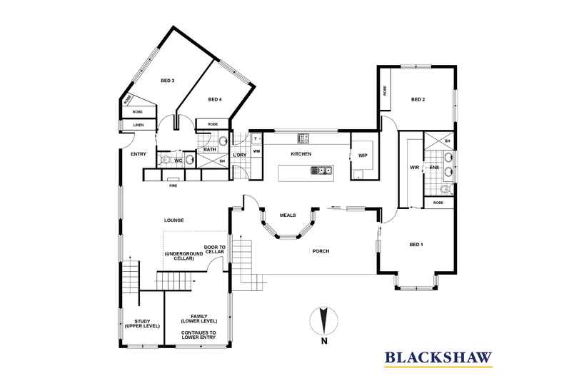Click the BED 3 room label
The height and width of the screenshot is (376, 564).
tap(168, 81)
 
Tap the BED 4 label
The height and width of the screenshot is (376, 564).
tap(216, 99)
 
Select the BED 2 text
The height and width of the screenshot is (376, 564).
tap(418, 99)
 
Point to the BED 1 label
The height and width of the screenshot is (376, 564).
tap(416, 245)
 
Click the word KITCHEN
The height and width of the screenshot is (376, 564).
tap(302, 154)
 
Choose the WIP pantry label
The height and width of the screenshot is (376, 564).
tap(362, 155)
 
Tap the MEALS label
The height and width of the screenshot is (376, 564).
tap(288, 214)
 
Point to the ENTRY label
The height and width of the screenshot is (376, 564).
tap(139, 154)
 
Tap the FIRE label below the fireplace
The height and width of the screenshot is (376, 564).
tap(172, 186)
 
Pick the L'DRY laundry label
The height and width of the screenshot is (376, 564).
tap(240, 155)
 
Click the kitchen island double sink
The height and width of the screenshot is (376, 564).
tap(323, 171)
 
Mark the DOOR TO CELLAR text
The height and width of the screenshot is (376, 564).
tap(214, 250)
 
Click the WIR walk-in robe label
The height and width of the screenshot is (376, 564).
tap(413, 168)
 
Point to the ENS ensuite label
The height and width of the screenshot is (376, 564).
tap(433, 168)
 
